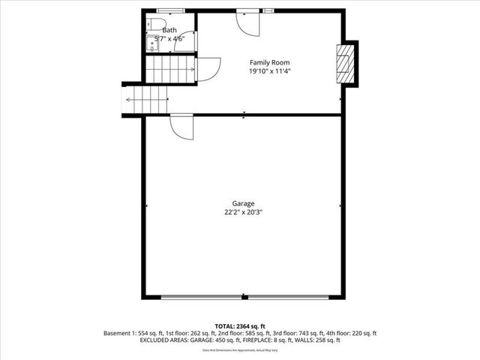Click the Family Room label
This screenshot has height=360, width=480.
(x=269, y=62)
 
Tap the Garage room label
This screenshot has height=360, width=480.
(x=243, y=203)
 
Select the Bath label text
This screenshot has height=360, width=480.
(x=160, y=30)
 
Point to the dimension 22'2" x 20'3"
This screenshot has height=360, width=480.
(x=243, y=212)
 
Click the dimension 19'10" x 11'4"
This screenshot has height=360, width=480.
(x=269, y=71)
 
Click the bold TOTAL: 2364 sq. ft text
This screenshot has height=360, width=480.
(x=240, y=326)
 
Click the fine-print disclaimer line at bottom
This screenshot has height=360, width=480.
(x=240, y=349)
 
